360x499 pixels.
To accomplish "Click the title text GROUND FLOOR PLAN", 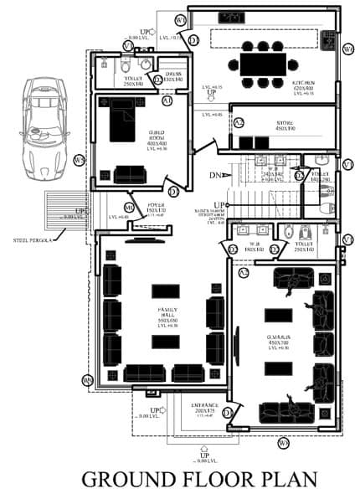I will (199, 479).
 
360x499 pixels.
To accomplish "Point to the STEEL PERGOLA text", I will (33, 240).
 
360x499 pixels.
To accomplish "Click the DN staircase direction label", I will (214, 176).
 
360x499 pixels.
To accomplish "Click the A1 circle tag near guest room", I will (167, 100).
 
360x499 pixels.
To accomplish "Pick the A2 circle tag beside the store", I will (239, 123).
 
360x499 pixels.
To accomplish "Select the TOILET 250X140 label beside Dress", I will (134, 80).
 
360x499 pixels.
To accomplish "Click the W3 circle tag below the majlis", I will (284, 442).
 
